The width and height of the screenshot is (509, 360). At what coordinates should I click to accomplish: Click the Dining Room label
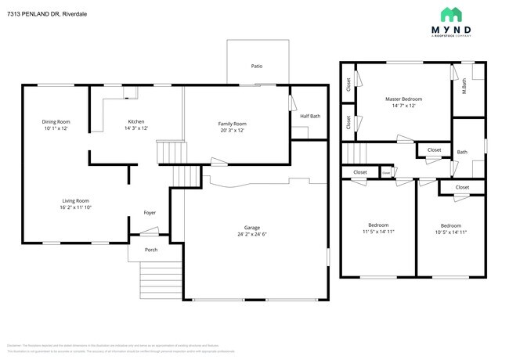point(56,121)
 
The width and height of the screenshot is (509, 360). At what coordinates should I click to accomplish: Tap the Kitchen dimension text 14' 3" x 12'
point(137,128)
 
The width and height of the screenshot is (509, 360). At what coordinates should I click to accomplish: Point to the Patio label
point(256,67)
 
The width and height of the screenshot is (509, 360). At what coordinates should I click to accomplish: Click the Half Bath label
point(310,117)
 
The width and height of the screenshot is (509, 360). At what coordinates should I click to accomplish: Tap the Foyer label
point(149,213)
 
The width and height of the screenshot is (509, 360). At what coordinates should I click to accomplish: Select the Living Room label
point(75,200)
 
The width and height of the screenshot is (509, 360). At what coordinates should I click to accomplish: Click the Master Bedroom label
point(403,99)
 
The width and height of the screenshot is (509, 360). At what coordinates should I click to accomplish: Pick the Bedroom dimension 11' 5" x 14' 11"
point(378,232)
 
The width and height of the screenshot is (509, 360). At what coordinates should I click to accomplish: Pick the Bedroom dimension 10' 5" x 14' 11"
point(450,232)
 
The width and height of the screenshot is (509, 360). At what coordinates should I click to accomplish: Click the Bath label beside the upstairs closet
point(462,152)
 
